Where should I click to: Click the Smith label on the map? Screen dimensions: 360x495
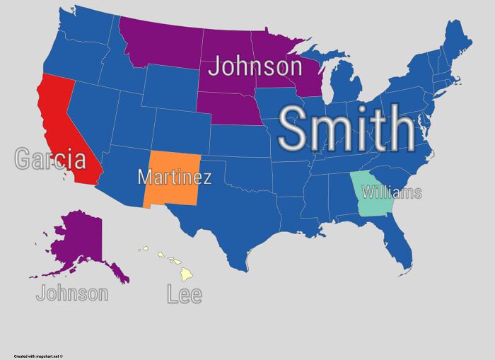click(346, 129)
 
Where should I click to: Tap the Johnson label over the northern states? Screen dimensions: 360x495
click(255, 67)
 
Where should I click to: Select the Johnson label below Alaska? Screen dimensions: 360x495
click(72, 293)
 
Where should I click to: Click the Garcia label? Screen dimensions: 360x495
click(49, 158)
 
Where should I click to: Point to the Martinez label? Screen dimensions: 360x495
click(174, 176)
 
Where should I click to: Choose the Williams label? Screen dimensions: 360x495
click(391, 192)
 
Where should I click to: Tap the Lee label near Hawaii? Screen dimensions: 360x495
click(185, 294)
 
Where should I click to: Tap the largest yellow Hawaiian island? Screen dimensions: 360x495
click(185, 274)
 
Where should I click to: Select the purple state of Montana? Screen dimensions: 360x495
click(159, 46)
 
